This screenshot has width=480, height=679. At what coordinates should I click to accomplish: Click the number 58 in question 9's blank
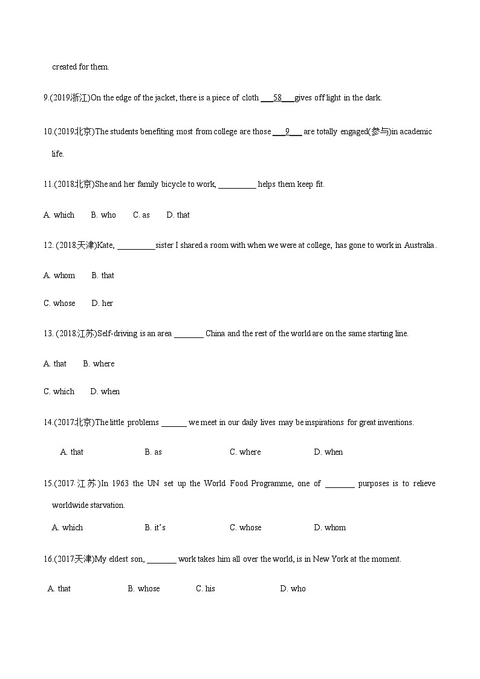point(277,98)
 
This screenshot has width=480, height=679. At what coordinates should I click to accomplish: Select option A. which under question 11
point(59,215)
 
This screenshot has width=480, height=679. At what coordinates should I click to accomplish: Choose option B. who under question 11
point(103,215)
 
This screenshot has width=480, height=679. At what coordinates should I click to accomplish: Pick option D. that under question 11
point(178,215)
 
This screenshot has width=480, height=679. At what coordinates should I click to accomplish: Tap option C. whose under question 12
point(59,303)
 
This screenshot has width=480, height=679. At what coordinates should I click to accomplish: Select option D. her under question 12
point(102,303)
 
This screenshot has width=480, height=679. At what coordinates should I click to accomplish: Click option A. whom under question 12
point(59,275)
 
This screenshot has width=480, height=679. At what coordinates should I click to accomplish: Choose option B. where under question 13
point(99,363)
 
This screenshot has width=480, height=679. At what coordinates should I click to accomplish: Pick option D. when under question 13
point(105,391)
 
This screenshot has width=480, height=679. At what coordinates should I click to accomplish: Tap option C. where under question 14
point(245,452)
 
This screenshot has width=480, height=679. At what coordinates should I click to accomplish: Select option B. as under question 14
point(153,452)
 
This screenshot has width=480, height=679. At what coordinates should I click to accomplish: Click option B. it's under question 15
point(155,527)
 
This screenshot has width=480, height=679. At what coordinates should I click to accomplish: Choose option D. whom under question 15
point(329,527)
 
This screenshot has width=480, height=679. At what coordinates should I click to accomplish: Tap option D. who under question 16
point(293,588)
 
